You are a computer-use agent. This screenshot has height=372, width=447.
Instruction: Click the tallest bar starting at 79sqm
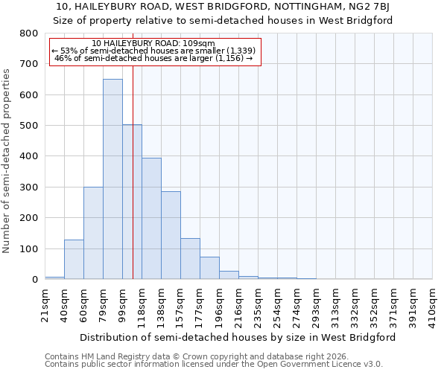coord(112,179)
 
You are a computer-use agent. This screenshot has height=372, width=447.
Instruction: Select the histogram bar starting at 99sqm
coord(132,202)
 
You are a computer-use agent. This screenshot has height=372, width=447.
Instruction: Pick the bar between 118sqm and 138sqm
coord(151,219)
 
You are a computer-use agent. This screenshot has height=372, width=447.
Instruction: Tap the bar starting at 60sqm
coord(93,233)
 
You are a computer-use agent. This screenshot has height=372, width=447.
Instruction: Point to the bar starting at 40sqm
coord(74,260)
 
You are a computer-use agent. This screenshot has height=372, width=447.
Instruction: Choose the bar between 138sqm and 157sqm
coord(171,235)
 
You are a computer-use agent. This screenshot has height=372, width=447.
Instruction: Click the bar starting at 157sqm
coord(190,259)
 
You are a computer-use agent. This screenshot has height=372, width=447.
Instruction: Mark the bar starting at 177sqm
coord(209,268)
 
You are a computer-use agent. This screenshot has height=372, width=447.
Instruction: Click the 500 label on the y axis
coord(29,126)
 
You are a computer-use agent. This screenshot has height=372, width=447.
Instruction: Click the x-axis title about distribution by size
coord(237,337)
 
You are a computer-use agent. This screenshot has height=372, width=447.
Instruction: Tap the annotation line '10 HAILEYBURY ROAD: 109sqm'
coord(154,43)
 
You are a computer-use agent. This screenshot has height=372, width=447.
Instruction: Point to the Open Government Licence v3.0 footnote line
coord(214,365)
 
